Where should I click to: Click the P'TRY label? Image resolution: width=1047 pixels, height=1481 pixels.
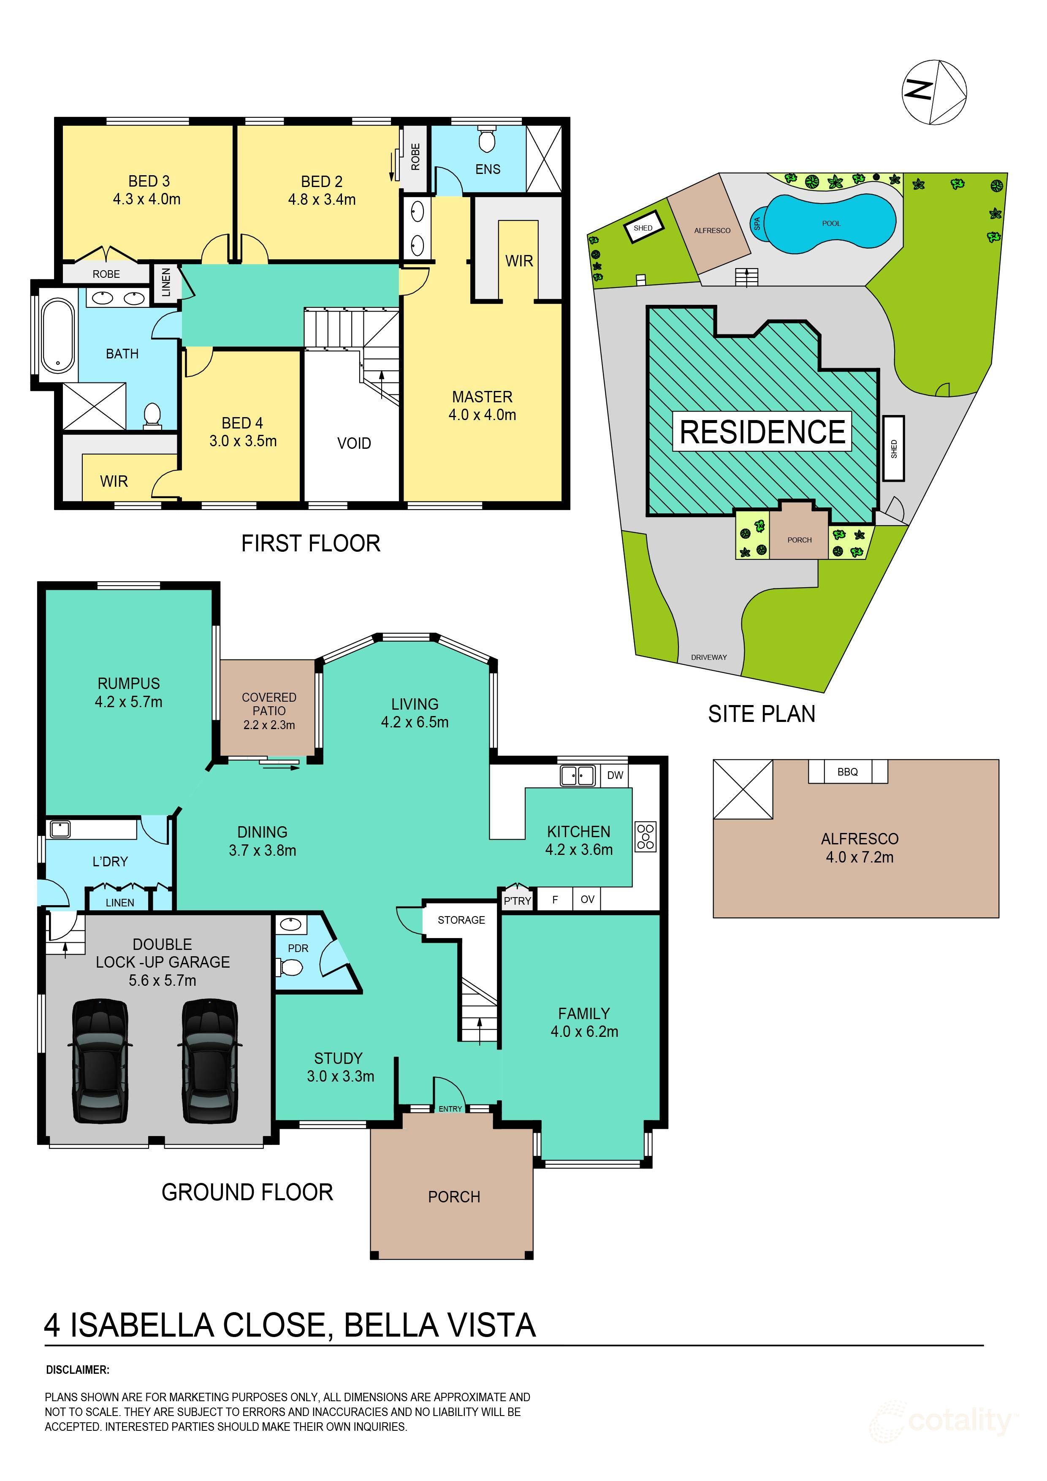(x=517, y=901)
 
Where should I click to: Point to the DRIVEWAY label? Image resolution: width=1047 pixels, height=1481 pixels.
(x=708, y=657)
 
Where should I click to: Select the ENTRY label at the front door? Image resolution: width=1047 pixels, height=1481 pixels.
(x=450, y=1109)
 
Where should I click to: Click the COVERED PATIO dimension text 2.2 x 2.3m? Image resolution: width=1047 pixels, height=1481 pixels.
(x=269, y=725)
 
